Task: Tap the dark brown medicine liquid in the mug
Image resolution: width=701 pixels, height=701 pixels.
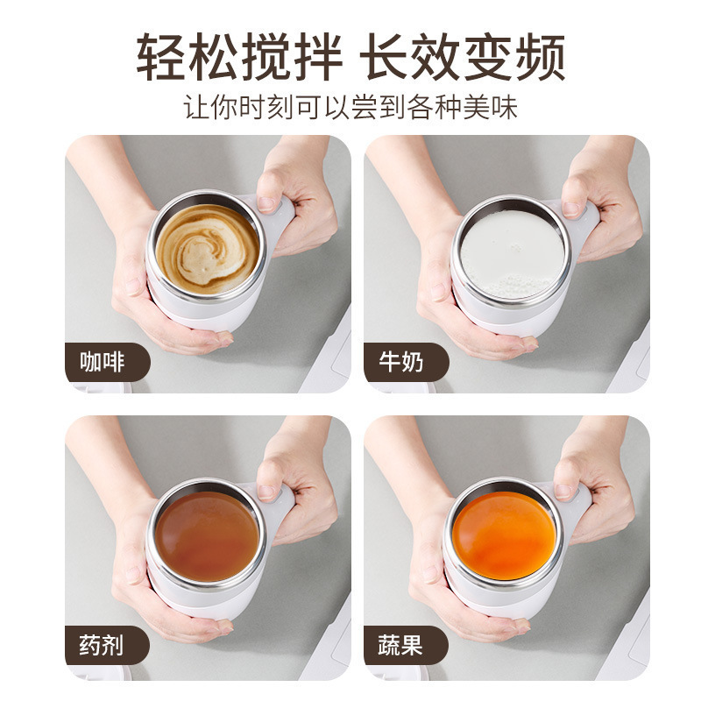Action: (x=207, y=534)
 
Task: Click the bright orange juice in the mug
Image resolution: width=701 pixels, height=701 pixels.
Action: (x=505, y=534)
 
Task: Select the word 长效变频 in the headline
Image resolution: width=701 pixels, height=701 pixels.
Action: (x=464, y=58)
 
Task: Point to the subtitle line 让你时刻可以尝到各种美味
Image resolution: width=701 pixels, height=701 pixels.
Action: (x=350, y=107)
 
